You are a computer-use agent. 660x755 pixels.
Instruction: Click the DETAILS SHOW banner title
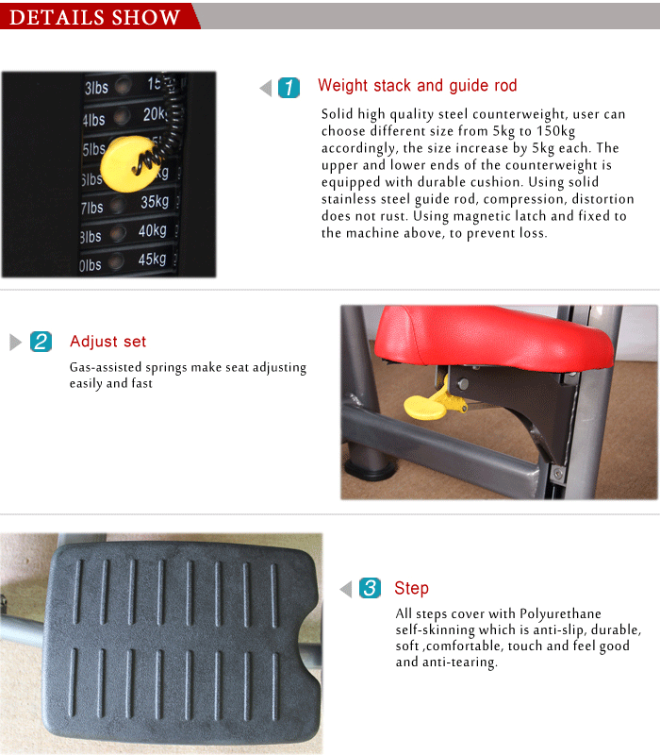[95, 17]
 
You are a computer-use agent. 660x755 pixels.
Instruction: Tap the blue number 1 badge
[289, 88]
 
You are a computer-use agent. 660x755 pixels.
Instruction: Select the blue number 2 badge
[41, 342]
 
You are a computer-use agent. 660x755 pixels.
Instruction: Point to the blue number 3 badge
[370, 588]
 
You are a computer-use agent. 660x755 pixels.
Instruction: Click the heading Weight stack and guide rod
[417, 85]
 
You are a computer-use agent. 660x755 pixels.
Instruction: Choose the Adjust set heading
[107, 342]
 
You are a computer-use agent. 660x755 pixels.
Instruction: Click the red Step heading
[411, 588]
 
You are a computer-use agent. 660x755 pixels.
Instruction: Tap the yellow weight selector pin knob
[129, 163]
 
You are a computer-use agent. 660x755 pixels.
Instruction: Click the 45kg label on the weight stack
[152, 260]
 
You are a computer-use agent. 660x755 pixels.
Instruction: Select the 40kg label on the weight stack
[153, 230]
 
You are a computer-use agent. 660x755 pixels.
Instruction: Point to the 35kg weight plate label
[155, 201]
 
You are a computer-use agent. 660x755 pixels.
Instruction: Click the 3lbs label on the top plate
[96, 88]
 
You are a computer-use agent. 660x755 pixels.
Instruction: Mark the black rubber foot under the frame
[371, 468]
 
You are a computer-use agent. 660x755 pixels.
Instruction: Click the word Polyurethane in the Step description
[560, 614]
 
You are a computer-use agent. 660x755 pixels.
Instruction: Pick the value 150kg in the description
[555, 131]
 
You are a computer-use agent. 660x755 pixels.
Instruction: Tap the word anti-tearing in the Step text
[459, 663]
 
